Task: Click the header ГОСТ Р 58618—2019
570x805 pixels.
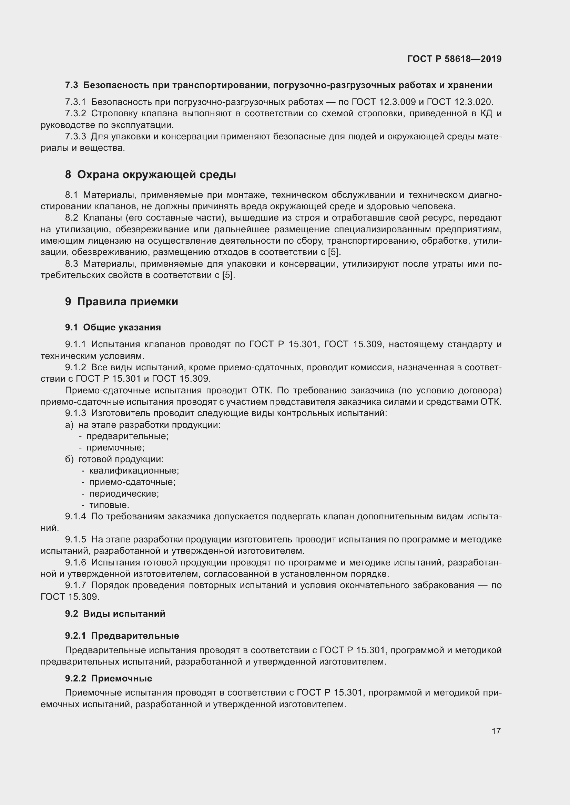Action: click(454, 59)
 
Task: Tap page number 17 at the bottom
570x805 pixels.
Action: click(496, 731)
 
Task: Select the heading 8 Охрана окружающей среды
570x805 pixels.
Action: click(150, 174)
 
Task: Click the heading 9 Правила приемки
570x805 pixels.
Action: click(121, 301)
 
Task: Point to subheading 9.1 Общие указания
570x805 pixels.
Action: click(113, 327)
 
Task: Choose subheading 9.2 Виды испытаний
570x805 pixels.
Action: click(115, 614)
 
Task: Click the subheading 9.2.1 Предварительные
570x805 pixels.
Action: click(122, 636)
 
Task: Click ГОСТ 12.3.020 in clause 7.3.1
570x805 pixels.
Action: click(470, 102)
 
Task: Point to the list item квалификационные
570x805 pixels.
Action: click(134, 470)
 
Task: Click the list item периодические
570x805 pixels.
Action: click(124, 494)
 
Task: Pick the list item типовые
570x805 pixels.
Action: click(109, 505)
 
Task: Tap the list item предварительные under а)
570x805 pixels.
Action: click(128, 436)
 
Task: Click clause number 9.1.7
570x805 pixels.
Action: click(75, 585)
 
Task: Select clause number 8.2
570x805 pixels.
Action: click(72, 218)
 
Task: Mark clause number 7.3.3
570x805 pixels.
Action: click(75, 136)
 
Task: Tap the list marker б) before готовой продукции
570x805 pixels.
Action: click(69, 459)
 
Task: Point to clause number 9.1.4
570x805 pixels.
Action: click(75, 517)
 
